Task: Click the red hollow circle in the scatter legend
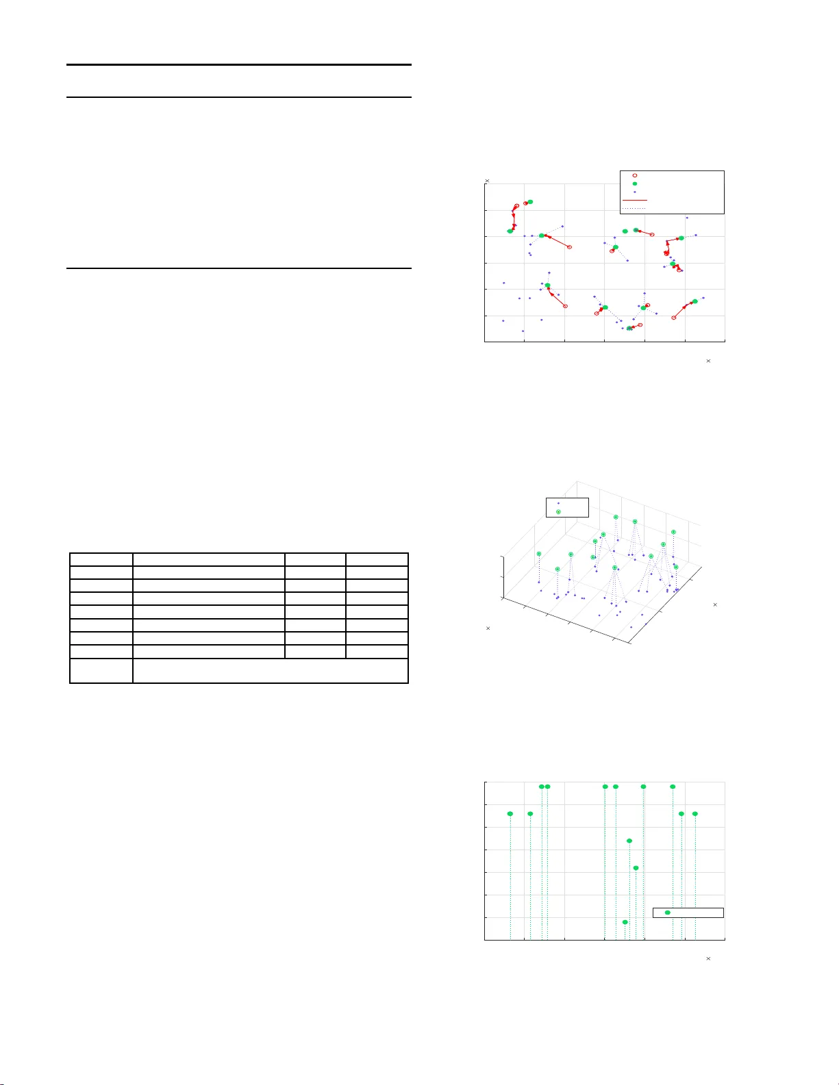coord(635,176)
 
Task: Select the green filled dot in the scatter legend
coord(635,184)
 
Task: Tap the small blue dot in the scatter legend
coord(635,192)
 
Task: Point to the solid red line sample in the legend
coord(635,201)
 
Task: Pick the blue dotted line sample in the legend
coord(635,208)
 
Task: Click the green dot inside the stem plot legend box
coord(668,912)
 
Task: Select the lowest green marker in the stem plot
coord(625,922)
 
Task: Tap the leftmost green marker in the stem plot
coord(510,813)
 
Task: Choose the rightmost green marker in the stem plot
coord(695,813)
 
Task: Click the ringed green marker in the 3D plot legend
coord(558,512)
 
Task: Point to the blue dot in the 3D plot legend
coord(558,503)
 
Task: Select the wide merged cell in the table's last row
coord(271,670)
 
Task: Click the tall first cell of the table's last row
coord(101,670)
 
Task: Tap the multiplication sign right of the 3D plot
coord(715,604)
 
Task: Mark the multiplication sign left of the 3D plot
coord(488,628)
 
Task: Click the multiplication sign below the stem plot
coord(708,958)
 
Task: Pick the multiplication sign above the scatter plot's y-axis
coord(487,181)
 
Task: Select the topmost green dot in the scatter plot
coord(530,202)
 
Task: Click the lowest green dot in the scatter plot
coord(629,329)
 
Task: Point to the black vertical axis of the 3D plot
coord(503,577)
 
